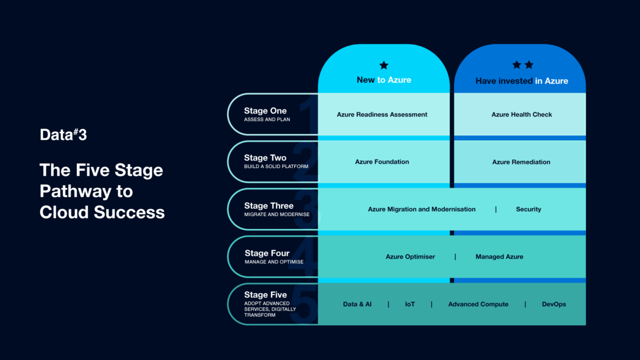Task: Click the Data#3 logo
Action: tap(63, 135)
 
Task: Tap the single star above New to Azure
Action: tap(383, 65)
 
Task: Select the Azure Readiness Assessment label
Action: tap(382, 114)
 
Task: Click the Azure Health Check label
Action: tap(522, 114)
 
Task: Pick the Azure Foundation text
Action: tap(382, 162)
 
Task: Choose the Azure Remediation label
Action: tap(521, 162)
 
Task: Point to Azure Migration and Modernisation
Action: tap(421, 209)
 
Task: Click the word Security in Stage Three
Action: tap(528, 209)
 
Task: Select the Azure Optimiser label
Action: tap(410, 257)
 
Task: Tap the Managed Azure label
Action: tap(499, 257)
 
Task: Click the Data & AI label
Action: tap(357, 304)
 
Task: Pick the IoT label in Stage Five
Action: tap(410, 304)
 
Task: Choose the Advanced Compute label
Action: tap(478, 304)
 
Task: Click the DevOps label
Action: tap(554, 304)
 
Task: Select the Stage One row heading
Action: tap(265, 111)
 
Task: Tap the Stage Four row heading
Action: tap(267, 253)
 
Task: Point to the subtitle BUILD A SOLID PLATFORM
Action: tap(276, 166)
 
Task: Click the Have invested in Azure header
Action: tap(522, 81)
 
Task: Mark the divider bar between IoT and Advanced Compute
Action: tap(431, 304)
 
